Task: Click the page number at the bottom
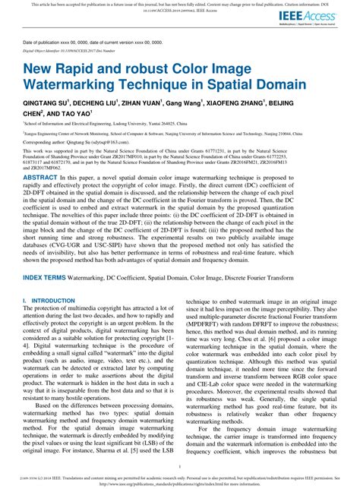180,466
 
